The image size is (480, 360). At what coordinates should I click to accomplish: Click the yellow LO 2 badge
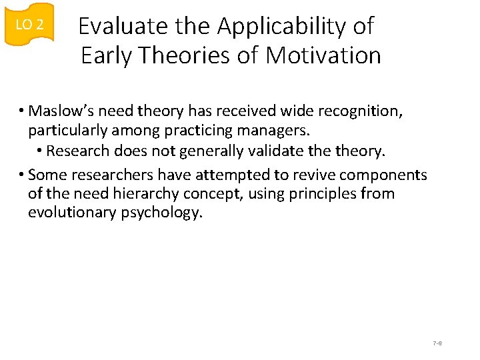click(29, 25)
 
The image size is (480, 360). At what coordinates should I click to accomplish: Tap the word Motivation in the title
click(323, 55)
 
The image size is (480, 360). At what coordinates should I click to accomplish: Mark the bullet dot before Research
click(41, 151)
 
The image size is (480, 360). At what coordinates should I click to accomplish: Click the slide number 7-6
click(437, 343)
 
